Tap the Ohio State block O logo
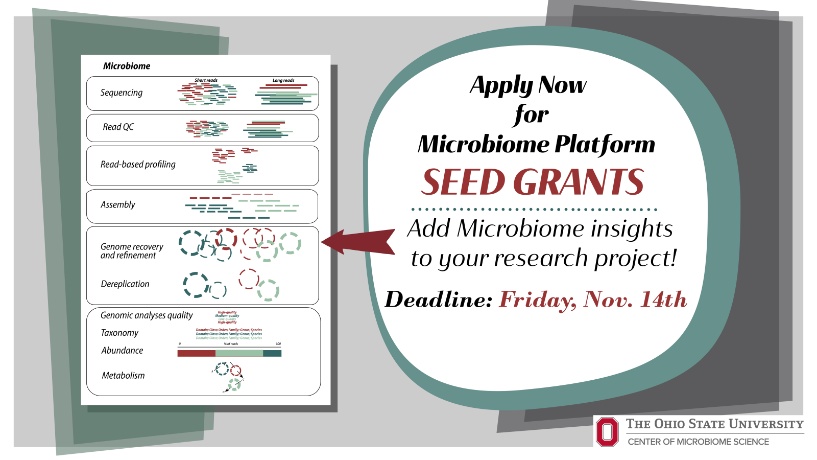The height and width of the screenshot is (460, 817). point(607,432)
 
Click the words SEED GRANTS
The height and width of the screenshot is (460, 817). point(533,182)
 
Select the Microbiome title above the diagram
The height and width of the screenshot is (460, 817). point(127,66)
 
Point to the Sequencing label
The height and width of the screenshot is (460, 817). point(122,93)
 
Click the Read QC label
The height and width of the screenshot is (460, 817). point(118,127)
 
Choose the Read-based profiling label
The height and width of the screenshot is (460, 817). point(138,164)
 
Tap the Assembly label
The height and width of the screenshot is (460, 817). point(118,204)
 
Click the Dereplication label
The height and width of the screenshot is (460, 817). point(125,284)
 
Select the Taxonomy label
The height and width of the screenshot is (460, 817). point(119,333)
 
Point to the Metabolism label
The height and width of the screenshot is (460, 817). point(123,375)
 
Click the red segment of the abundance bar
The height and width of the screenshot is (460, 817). point(196,353)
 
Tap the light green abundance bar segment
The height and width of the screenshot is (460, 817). point(239,353)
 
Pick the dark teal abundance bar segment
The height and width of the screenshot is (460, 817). point(272,353)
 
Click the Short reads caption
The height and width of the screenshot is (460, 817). point(206,80)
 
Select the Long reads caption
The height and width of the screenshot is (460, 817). point(283,80)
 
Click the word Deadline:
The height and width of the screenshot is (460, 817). point(439,300)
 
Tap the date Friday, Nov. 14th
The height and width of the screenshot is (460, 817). point(593,300)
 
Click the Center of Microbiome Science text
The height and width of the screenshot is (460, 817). point(698,442)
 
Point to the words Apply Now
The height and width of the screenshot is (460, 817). point(528,85)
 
